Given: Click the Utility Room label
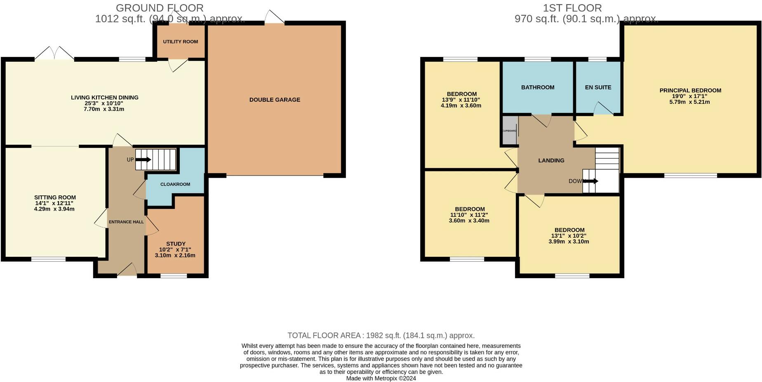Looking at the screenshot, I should click(180, 42).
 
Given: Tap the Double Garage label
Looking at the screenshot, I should click(275, 100).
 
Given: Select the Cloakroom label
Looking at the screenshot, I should click(175, 184).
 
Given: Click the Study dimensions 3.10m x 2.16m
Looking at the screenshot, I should click(175, 255).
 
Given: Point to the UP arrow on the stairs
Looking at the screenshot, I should click(143, 160).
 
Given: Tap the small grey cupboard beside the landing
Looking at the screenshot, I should click(510, 131).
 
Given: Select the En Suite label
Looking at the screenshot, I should click(598, 87).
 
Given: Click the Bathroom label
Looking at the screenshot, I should click(538, 87).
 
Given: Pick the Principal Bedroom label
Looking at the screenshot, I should click(690, 91).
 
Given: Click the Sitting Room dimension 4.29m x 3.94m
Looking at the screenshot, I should click(54, 209).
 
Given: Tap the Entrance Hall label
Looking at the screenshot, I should click(126, 222).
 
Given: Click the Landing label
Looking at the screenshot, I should click(551, 161).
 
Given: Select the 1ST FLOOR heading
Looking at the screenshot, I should click(572, 8).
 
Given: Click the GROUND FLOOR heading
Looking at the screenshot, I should click(160, 8).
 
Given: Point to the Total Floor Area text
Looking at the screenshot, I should click(381, 335).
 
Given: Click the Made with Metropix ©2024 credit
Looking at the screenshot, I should click(381, 378).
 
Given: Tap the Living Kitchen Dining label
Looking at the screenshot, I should click(105, 98).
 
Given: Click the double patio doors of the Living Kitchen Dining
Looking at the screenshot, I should click(54, 54).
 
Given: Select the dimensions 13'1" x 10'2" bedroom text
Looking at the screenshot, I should click(569, 236).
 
